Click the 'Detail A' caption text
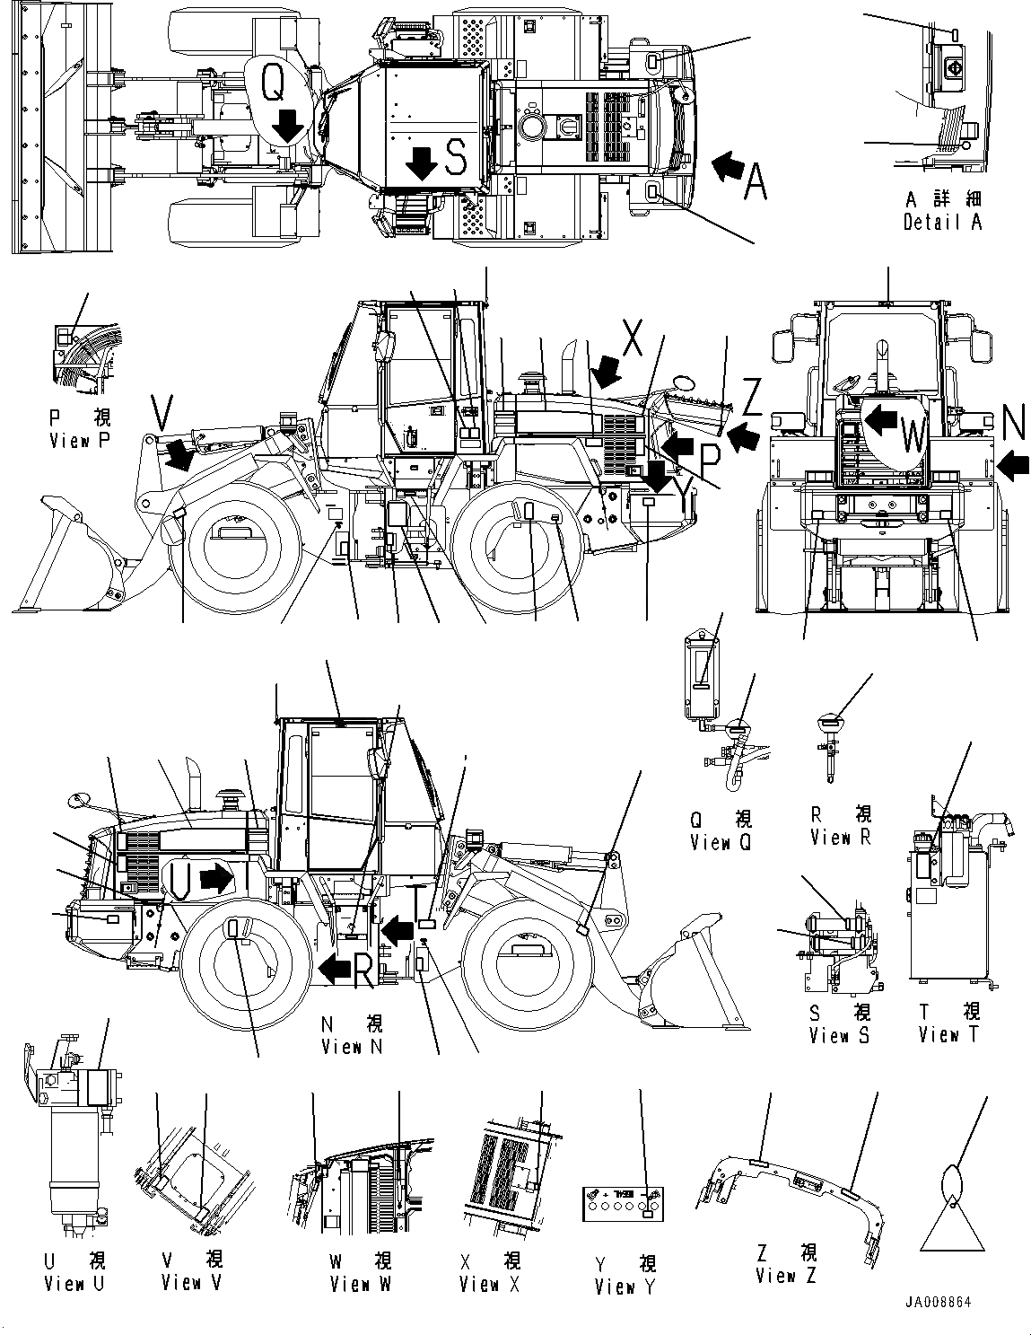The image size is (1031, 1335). (942, 222)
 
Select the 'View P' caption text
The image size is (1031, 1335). (82, 441)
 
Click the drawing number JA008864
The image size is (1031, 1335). (939, 1301)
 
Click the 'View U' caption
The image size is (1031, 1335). (74, 1283)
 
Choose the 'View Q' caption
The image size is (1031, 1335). (721, 842)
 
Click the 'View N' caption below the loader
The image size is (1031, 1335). (354, 1046)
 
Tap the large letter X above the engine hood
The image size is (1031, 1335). (632, 339)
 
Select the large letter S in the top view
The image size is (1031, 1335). (456, 158)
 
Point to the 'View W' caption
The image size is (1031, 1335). (360, 1284)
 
